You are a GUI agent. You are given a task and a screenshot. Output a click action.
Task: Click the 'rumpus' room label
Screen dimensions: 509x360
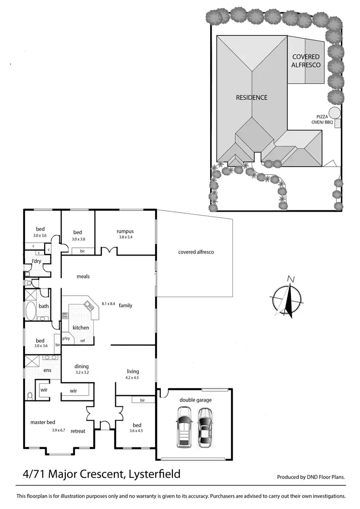(124, 231)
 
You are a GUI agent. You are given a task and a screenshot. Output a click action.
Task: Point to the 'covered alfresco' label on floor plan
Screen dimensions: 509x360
(196, 252)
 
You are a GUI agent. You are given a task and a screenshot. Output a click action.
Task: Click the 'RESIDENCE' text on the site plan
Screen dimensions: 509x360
(252, 97)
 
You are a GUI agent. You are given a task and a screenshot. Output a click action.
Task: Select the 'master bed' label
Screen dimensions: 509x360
(43, 422)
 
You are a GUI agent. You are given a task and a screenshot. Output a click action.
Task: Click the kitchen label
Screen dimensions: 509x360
(81, 327)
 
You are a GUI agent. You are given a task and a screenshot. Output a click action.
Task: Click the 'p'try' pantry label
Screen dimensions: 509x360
(66, 338)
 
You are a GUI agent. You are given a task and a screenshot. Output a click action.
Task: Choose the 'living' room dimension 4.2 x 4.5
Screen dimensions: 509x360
(132, 377)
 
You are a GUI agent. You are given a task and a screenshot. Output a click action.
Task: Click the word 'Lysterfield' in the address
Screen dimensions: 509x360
(153, 474)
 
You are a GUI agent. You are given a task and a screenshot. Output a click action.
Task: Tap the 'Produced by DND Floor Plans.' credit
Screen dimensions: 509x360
(311, 477)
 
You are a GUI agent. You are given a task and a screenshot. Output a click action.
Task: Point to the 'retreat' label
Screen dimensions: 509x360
(78, 431)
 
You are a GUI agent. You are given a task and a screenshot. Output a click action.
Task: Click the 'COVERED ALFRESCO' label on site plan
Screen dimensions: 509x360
(306, 61)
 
